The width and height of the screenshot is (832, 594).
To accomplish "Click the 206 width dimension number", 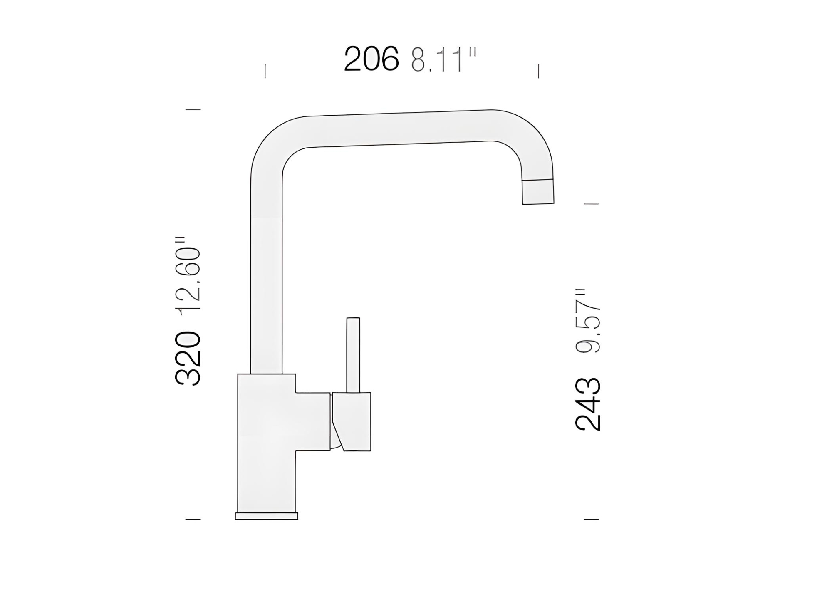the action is (371, 59).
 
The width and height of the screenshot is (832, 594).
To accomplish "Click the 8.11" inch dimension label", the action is (443, 60).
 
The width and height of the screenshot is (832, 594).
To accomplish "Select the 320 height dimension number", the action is (188, 358).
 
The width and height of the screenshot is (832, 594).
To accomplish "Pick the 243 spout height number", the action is (587, 404).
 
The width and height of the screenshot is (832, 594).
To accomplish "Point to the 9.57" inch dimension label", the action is (587, 321).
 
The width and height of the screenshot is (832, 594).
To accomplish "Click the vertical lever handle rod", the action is (353, 355).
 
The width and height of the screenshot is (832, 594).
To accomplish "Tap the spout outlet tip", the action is (538, 192).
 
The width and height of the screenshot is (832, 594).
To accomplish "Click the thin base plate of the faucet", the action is (266, 516).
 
